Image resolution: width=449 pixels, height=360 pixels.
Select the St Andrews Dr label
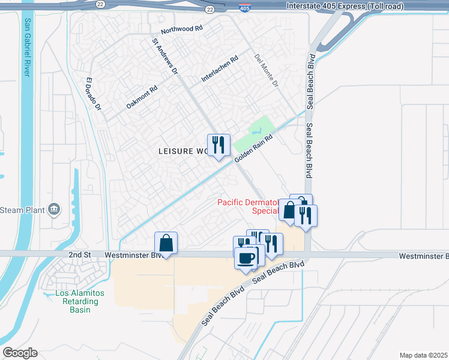164,57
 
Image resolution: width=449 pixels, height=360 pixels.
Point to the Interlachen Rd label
220,69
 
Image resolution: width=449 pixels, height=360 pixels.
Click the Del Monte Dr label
267,71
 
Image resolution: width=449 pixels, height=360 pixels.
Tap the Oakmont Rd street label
142,97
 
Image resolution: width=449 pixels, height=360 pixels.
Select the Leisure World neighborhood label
182,151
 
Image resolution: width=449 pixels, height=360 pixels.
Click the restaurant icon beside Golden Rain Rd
218,145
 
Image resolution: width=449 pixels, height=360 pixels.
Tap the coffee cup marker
246,257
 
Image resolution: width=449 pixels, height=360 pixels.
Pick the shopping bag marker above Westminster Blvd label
166,244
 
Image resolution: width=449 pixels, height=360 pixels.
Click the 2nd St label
79,255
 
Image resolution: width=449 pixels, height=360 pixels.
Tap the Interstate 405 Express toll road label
346,5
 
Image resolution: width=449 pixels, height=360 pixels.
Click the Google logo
20,353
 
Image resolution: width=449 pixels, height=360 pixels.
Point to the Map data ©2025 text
423,355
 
